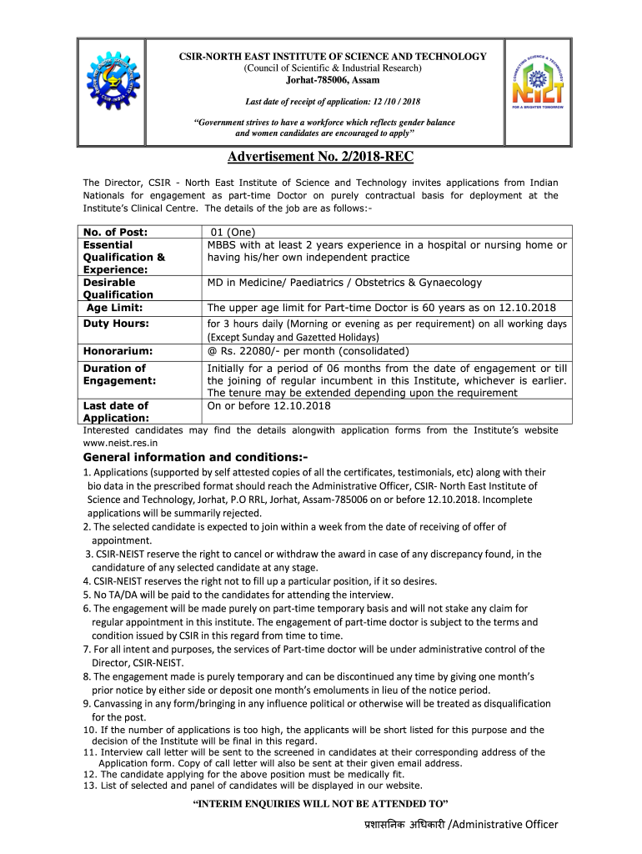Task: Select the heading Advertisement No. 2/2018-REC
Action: (x=321, y=158)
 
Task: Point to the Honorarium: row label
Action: (x=118, y=352)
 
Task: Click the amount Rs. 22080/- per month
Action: (x=308, y=351)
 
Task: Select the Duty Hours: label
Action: (x=117, y=324)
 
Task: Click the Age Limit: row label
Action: (x=118, y=308)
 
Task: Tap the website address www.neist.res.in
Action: (x=120, y=443)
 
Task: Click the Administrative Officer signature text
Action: (x=503, y=824)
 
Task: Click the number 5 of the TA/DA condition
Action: (x=87, y=595)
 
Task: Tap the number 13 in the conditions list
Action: (x=90, y=785)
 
